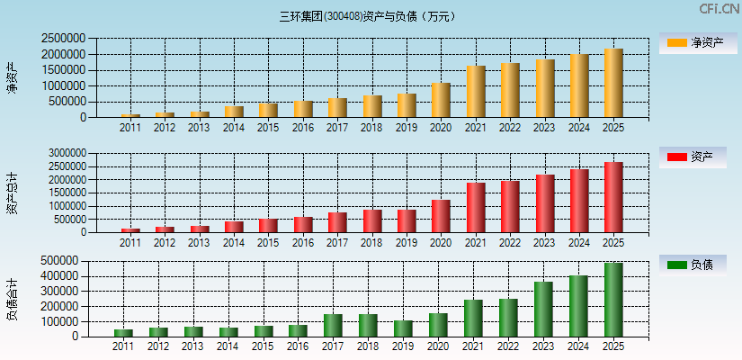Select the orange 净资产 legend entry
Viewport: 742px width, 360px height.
(x=698, y=42)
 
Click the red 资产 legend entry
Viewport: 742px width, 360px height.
(x=698, y=157)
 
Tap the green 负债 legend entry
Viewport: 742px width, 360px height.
(x=698, y=265)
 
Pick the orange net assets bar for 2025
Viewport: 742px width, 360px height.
(x=613, y=83)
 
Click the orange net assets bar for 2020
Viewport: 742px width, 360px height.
(x=441, y=100)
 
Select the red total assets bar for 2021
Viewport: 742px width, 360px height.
(x=476, y=208)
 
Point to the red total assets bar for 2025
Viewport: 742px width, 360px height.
(x=613, y=197)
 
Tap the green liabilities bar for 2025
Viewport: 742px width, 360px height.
(x=613, y=300)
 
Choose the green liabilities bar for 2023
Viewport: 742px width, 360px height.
(x=544, y=310)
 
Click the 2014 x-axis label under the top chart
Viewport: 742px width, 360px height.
(x=234, y=128)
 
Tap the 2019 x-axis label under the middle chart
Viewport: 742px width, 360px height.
(x=407, y=243)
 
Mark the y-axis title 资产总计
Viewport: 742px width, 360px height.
(x=13, y=193)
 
